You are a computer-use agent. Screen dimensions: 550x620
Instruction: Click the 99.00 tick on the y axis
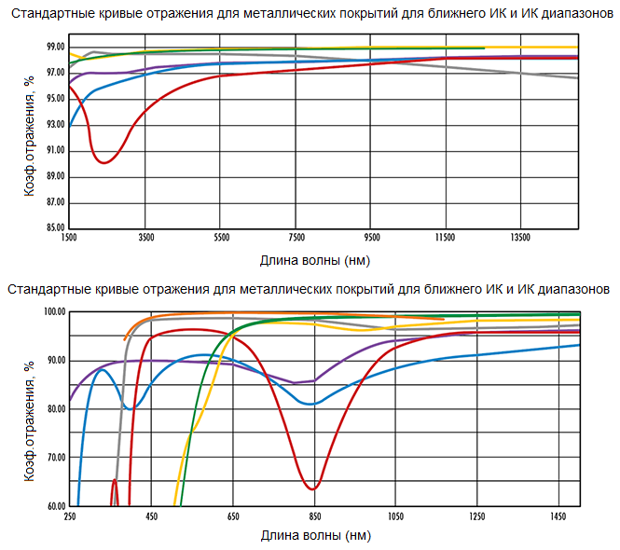click(x=55, y=47)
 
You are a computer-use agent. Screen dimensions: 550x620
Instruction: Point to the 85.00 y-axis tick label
click(x=55, y=227)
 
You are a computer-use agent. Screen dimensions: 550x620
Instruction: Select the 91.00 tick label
click(x=55, y=150)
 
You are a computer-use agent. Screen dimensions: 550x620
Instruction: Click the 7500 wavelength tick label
click(x=296, y=239)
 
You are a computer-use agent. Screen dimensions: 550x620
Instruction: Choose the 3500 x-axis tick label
click(x=145, y=239)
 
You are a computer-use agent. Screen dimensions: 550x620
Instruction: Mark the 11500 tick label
click(x=445, y=239)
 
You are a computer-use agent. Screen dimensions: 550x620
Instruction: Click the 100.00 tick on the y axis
click(x=53, y=311)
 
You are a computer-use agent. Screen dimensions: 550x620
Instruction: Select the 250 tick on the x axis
click(x=69, y=516)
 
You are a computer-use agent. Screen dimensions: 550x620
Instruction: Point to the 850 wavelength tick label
click(x=314, y=516)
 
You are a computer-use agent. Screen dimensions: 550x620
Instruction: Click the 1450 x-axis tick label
click(x=559, y=516)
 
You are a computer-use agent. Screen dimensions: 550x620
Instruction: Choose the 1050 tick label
click(x=396, y=516)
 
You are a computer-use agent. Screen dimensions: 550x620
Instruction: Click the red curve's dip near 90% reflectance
click(x=104, y=162)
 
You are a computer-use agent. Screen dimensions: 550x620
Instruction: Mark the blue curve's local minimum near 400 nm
click(x=132, y=408)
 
